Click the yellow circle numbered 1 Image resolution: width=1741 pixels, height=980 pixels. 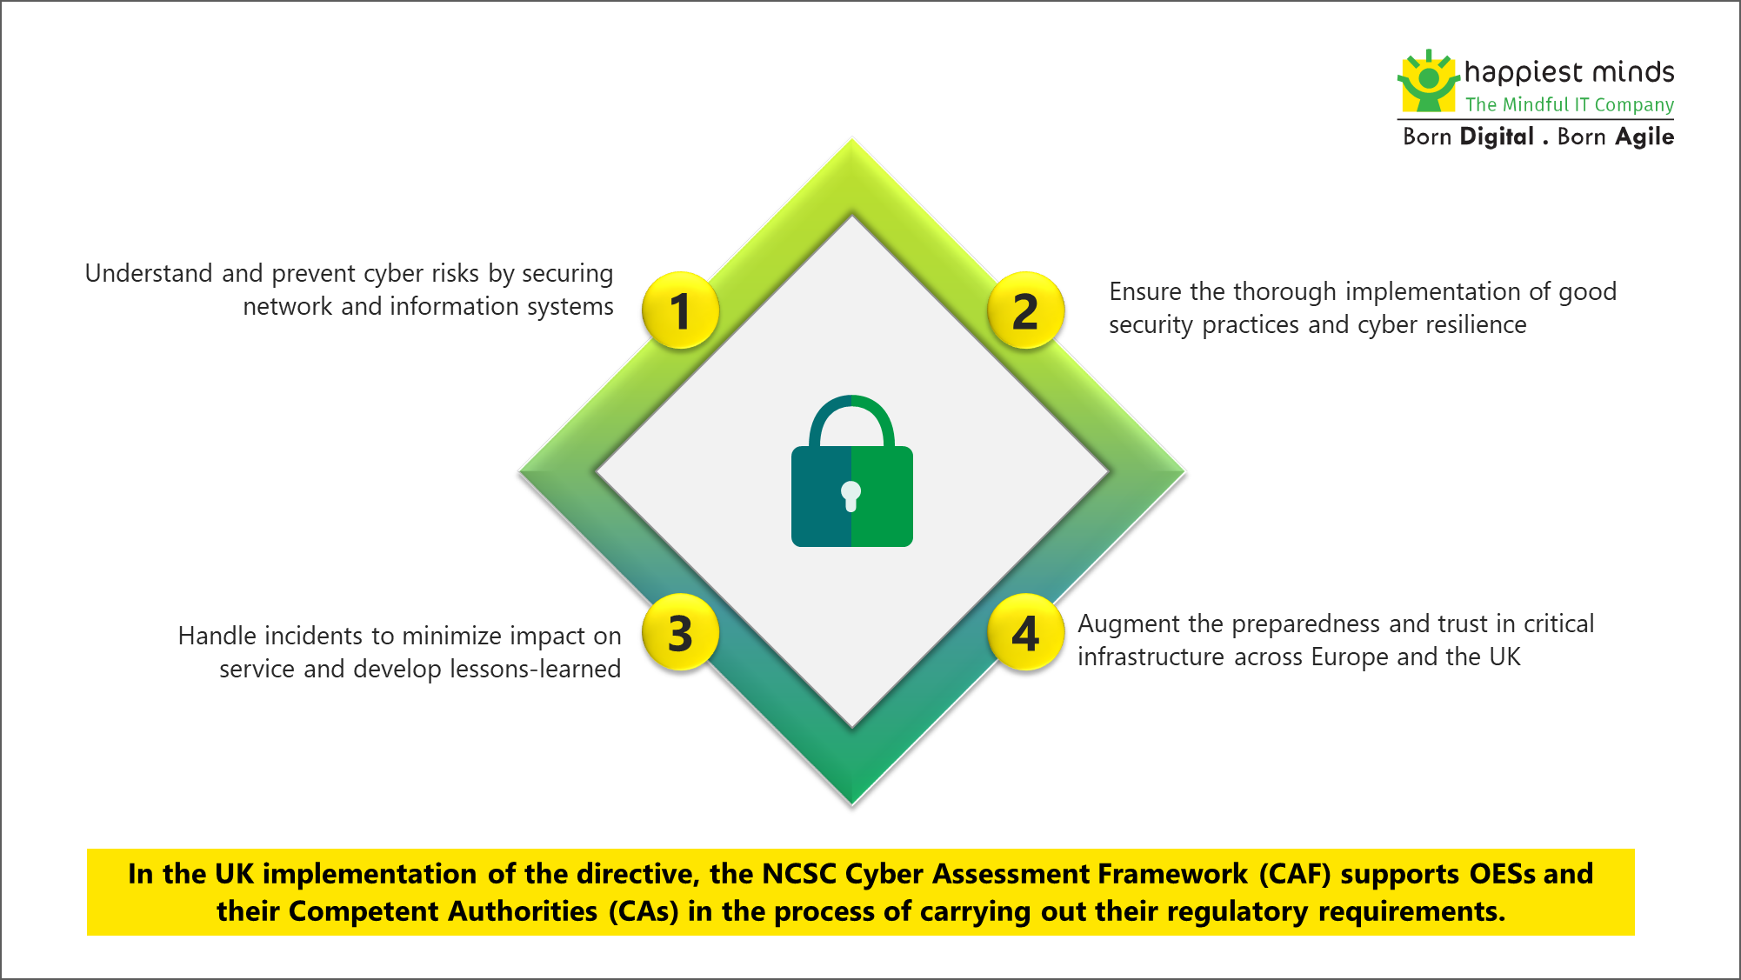[680, 310]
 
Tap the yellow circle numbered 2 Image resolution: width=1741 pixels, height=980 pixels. [1026, 310]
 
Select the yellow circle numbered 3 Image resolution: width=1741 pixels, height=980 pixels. [680, 632]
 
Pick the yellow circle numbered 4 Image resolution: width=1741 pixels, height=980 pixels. [1026, 632]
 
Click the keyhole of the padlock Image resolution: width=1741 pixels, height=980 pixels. [851, 497]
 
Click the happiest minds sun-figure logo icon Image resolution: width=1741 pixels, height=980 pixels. [1428, 81]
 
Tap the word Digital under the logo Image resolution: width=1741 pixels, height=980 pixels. [1497, 137]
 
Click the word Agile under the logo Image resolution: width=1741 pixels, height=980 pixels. [1644, 137]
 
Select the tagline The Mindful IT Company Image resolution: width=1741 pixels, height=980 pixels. [1570, 104]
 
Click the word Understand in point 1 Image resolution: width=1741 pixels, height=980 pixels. [149, 273]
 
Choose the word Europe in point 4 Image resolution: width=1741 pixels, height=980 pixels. [1350, 657]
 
